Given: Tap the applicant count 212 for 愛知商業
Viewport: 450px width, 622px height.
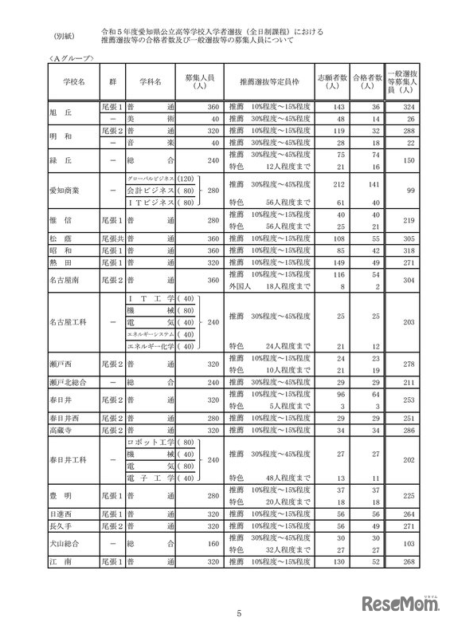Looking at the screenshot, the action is (x=341, y=184).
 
